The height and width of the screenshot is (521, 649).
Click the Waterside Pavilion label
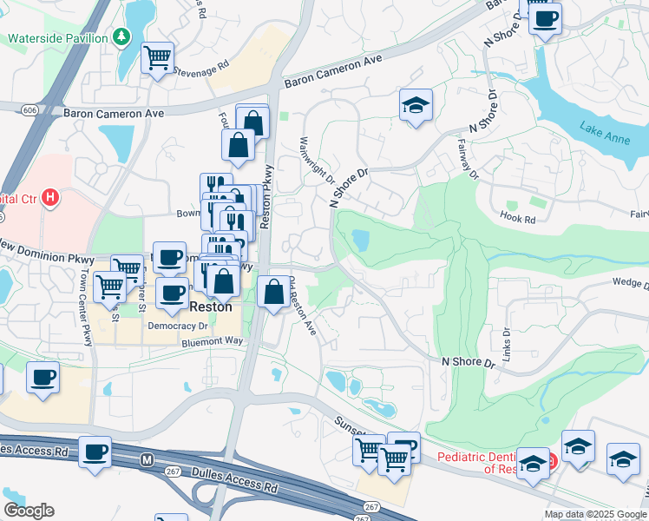[x=57, y=38]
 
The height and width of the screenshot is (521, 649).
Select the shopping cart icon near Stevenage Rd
[x=157, y=58]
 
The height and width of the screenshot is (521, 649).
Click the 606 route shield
[x=30, y=109]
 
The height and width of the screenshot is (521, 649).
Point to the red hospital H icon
[x=50, y=198]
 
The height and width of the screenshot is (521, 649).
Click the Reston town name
[x=212, y=307]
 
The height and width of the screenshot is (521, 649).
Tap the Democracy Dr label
[x=178, y=326]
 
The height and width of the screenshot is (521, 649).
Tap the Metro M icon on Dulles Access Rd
[x=147, y=458]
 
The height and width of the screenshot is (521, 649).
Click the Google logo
[x=29, y=511]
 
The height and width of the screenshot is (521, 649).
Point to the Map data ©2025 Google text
[x=595, y=514]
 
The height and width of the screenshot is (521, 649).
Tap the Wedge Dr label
[x=629, y=283]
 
